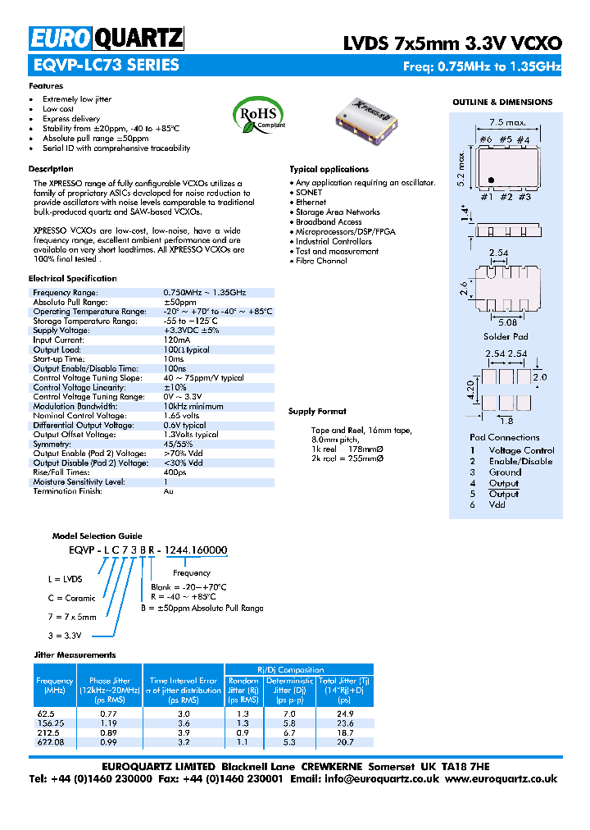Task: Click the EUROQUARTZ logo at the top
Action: click(107, 38)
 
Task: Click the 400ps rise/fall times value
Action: click(175, 472)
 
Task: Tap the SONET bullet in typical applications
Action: click(310, 192)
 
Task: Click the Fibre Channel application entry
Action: click(321, 261)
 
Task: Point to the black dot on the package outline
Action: click(490, 180)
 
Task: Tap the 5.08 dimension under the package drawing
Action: click(507, 322)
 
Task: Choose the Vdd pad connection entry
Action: click(497, 504)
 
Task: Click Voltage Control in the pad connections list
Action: click(521, 450)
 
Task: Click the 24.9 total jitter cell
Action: click(344, 714)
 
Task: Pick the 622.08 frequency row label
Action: click(52, 741)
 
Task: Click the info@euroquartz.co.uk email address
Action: click(383, 778)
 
